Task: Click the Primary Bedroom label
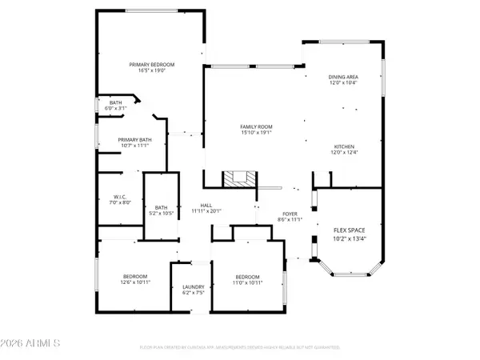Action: [152, 64]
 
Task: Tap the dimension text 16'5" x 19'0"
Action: [152, 70]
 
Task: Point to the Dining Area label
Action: [343, 77]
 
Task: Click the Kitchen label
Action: [344, 147]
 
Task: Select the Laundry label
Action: [193, 286]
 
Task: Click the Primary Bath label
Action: [134, 139]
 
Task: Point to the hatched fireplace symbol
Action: [237, 178]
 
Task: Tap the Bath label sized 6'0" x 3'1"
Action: [115, 102]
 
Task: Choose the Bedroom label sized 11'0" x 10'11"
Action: [248, 279]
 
